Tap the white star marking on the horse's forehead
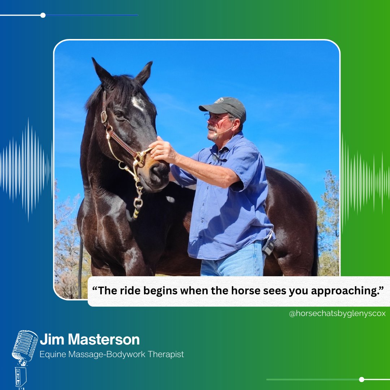138,104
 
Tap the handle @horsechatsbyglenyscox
337,313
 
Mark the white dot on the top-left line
43,15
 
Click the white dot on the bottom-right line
361,379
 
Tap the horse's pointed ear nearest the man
144,72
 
